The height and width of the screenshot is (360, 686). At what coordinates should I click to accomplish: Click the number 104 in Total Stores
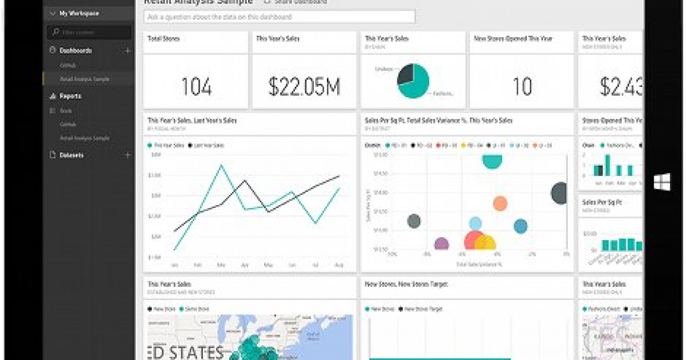(x=196, y=87)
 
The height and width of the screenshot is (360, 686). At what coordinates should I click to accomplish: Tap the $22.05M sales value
(x=304, y=87)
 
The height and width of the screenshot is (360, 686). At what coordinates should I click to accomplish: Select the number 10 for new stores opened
(x=522, y=87)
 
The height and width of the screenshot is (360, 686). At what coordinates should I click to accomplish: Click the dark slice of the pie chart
(x=405, y=75)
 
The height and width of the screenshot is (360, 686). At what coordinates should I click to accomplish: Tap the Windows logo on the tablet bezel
(x=662, y=182)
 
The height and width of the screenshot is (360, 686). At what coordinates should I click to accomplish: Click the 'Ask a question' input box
(x=280, y=17)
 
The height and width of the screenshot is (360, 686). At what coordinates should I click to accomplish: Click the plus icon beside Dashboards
(x=127, y=50)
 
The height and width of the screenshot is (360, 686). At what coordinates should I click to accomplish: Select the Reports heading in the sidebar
(x=70, y=96)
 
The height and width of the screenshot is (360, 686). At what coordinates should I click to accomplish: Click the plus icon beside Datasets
(x=127, y=155)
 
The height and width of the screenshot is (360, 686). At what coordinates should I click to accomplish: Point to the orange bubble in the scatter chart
(x=500, y=203)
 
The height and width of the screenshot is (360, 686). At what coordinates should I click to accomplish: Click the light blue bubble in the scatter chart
(x=475, y=223)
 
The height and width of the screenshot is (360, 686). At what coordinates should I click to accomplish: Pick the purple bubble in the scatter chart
(x=441, y=245)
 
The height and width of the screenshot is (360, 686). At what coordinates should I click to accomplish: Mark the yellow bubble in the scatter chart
(x=485, y=243)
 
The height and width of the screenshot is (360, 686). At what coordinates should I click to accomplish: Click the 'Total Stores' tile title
(x=164, y=39)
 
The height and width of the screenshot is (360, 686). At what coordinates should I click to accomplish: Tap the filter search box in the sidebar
(x=90, y=33)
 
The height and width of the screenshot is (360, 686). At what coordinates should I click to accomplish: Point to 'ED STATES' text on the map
(x=185, y=351)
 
